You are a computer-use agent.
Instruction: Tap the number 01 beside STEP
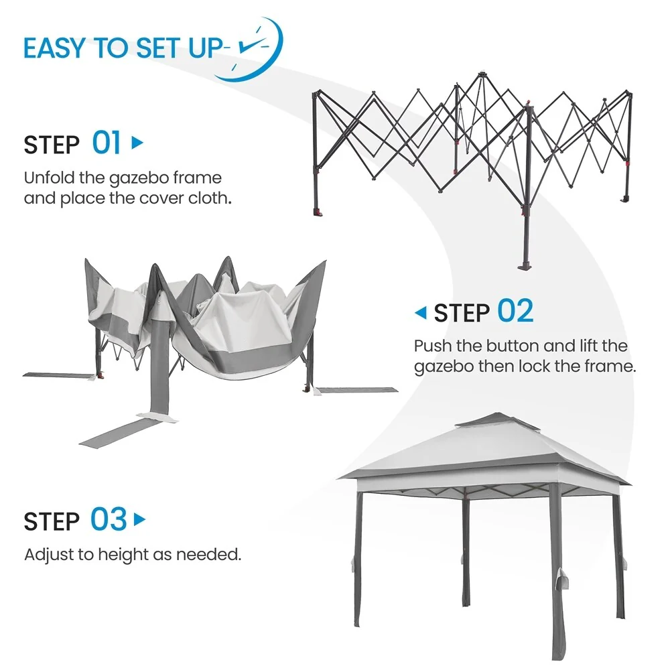[x=107, y=143]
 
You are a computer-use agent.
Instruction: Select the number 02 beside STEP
[x=515, y=311]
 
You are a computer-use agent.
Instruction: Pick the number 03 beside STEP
[x=109, y=519]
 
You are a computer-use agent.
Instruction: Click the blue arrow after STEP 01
[x=137, y=142]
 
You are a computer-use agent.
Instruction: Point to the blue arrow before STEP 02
[x=421, y=313]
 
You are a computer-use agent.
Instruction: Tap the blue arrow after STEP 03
[x=139, y=520]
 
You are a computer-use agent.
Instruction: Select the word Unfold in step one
[x=49, y=178]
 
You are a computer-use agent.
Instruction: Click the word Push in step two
[x=433, y=346]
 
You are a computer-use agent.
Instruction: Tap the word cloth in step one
[x=208, y=198]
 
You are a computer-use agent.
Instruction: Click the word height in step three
[x=123, y=555]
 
